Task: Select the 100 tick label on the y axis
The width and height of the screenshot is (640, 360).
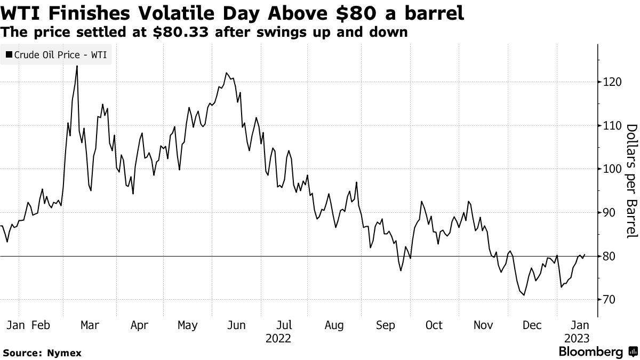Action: [609, 169]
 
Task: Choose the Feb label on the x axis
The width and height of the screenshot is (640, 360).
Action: [41, 325]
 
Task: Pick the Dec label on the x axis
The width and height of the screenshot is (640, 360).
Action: [532, 325]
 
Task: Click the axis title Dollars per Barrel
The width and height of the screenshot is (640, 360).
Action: [631, 181]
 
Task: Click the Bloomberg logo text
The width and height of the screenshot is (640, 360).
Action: [590, 351]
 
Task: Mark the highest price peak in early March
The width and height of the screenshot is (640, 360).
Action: [77, 66]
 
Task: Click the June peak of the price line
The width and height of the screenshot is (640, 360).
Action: [227, 73]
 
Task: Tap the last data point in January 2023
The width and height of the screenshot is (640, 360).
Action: [585, 255]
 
